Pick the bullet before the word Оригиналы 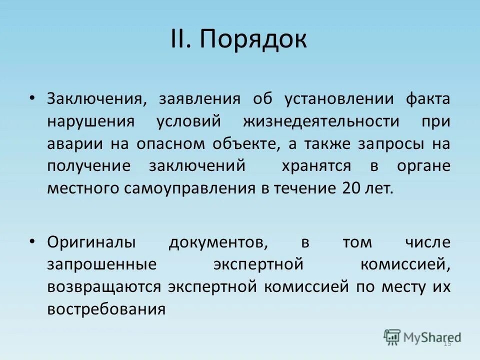(x=32, y=241)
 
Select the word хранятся (x=315, y=166)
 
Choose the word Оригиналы (x=91, y=242)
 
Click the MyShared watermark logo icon (x=392, y=337)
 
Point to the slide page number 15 (x=447, y=343)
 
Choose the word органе (x=423, y=166)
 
